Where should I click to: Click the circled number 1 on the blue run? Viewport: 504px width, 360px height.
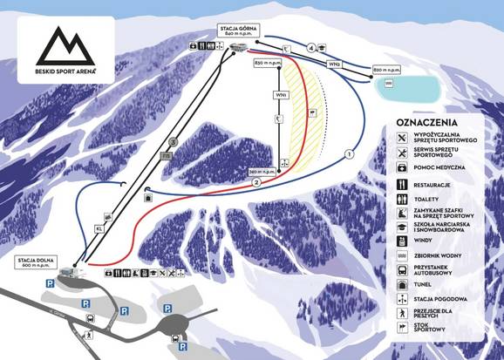pos(349,153)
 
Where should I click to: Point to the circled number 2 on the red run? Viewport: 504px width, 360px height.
pos(256,183)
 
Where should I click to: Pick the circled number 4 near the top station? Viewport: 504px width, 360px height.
pos(310,48)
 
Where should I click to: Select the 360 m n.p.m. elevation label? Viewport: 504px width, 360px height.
pos(262,171)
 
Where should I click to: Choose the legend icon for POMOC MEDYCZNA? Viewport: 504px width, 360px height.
pos(402,166)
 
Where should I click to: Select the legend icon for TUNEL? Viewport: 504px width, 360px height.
pos(402,285)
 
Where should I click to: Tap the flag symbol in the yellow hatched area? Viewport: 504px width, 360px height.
pos(310,112)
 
